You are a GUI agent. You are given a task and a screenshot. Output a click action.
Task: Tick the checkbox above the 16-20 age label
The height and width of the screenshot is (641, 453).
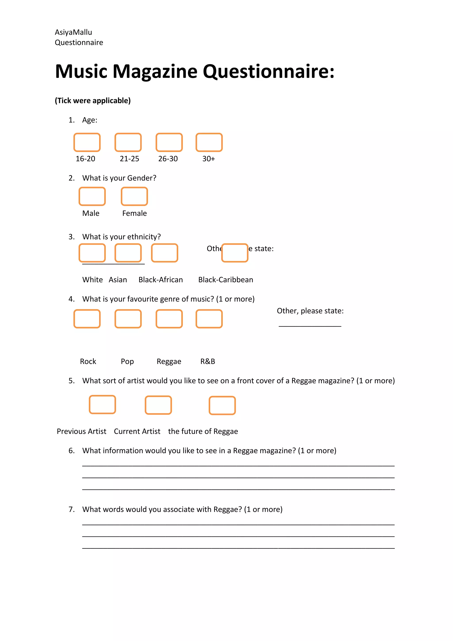87,142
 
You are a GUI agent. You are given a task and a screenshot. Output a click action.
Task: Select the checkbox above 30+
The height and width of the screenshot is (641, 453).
209,142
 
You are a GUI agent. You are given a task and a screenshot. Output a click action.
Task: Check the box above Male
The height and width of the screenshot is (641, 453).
92,196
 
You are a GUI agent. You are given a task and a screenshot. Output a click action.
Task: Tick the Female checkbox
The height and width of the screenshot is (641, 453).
134,196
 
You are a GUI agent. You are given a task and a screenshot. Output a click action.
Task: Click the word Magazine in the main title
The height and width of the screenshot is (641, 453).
155,71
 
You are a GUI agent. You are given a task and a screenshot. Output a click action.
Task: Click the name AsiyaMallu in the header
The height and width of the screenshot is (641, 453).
73,32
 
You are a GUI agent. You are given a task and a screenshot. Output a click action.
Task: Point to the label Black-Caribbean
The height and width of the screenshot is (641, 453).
226,280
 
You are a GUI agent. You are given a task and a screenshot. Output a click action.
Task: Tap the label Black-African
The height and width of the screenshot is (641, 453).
161,280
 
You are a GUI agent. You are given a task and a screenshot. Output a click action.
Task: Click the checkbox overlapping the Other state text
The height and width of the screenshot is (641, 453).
235,253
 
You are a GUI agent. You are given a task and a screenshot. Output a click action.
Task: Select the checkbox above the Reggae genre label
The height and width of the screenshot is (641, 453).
169,319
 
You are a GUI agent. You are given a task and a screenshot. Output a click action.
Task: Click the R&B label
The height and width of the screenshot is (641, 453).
207,361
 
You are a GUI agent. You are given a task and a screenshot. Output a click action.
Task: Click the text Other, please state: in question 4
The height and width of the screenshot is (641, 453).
310,311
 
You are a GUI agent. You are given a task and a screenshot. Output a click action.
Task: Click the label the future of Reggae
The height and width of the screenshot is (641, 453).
203,431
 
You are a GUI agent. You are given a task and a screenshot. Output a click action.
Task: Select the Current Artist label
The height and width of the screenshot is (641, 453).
137,431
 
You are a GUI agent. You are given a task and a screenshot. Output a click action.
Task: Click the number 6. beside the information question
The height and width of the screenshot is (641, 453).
71,451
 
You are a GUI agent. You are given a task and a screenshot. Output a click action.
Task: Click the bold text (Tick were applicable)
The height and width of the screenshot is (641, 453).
93,100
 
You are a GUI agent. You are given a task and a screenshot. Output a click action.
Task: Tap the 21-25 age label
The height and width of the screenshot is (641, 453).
129,159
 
